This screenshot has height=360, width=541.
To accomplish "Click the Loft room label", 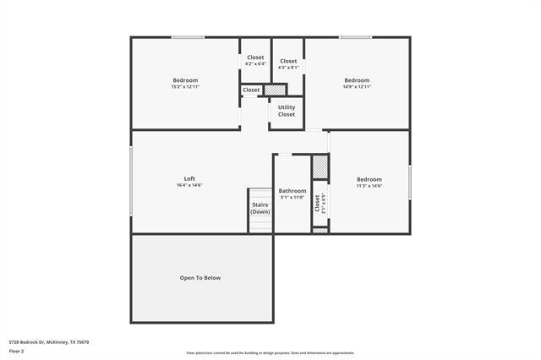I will tap(189, 178).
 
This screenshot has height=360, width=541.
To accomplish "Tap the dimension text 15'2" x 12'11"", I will tap(185, 86).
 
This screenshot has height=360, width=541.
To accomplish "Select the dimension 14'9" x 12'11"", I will tap(357, 86).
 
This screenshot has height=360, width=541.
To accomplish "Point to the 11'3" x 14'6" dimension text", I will tap(369, 186).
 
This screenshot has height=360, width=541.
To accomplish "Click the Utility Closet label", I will tap(287, 111).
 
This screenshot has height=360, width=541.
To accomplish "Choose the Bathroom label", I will tap(292, 191).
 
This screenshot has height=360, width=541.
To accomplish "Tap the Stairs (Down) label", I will tap(260, 208).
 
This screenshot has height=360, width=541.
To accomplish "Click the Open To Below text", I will tap(200, 277).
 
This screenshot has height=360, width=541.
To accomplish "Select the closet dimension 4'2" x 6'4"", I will tap(255, 63).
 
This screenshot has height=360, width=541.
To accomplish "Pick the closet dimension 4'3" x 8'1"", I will tap(288, 68).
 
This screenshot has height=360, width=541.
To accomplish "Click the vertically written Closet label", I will tap(318, 203).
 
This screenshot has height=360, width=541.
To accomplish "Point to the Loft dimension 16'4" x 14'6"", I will tap(189, 185).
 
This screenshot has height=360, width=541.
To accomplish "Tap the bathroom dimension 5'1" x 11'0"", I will tap(292, 198).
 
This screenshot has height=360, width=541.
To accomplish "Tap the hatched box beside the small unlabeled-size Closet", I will tap(275, 90).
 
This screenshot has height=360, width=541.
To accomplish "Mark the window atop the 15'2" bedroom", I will tap(188, 37).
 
